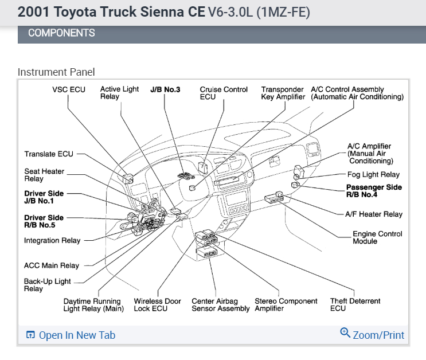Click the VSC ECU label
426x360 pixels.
click(69, 89)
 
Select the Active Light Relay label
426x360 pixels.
click(119, 93)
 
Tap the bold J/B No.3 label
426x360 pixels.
click(165, 89)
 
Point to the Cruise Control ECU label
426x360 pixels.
click(224, 93)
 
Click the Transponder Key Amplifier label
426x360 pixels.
click(283, 93)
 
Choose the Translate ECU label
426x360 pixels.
click(49, 154)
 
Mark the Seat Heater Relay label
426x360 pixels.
click(44, 175)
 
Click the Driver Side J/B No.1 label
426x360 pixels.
click(44, 197)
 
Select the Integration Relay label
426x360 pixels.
click(52, 241)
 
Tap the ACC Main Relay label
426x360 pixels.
click(52, 265)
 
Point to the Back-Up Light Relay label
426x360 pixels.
click(48, 285)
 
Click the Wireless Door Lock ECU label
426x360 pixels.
click(158, 305)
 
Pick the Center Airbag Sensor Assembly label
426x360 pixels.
click(221, 305)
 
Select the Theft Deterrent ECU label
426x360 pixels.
click(355, 305)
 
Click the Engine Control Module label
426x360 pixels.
click(377, 237)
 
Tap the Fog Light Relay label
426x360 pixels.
click(373, 175)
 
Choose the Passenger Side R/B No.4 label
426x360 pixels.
click(374, 191)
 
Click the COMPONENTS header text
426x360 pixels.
click(61, 33)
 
